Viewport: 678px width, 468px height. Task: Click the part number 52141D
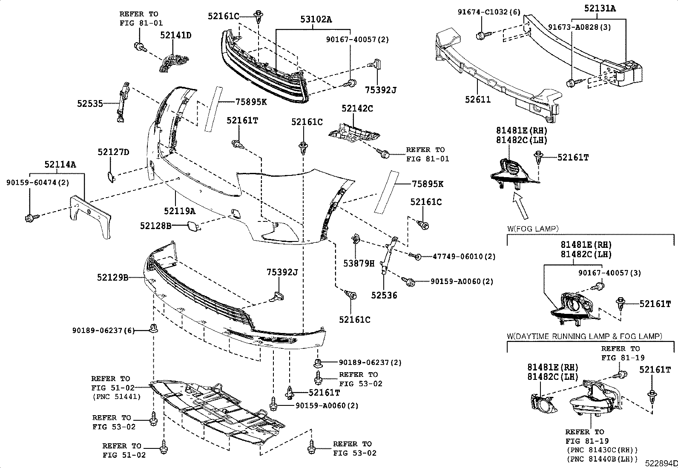click(x=175, y=35)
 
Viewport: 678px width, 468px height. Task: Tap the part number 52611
click(x=478, y=100)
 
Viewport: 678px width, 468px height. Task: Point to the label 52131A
click(x=600, y=8)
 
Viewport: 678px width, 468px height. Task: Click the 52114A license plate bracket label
click(x=60, y=164)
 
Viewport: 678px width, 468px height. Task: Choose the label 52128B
click(x=155, y=226)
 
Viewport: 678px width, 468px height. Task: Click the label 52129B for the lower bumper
click(x=112, y=278)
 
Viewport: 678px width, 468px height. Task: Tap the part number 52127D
click(x=113, y=152)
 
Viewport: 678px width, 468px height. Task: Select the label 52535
click(x=90, y=103)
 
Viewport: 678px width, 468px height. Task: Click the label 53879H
click(x=359, y=264)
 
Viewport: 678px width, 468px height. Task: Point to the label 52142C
click(x=357, y=109)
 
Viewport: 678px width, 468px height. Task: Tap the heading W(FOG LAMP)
click(x=532, y=229)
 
